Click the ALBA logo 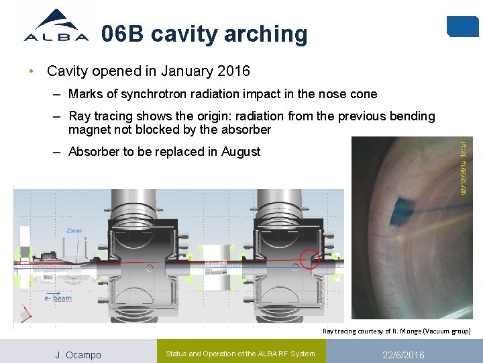tap(56, 27)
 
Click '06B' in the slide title tap(122, 34)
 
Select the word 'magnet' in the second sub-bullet tap(91, 129)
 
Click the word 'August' tap(239, 152)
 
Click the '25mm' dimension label tap(75, 231)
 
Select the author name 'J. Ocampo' tap(78, 355)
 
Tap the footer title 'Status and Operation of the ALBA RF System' tap(240, 354)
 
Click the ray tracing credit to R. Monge tap(396, 331)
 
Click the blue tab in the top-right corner tap(462, 27)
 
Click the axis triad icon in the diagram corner tap(25, 314)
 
